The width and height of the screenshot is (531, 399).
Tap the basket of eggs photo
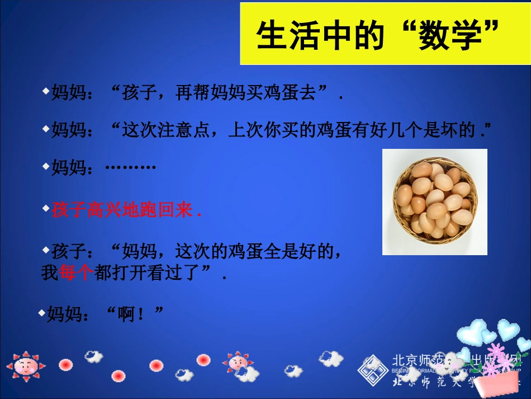point(434,201)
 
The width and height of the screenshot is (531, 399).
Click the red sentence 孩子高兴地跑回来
point(126,211)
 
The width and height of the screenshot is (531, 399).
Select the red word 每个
point(75,274)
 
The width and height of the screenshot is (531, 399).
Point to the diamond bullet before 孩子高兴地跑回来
point(46,208)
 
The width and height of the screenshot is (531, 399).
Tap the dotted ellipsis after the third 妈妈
point(130,167)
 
